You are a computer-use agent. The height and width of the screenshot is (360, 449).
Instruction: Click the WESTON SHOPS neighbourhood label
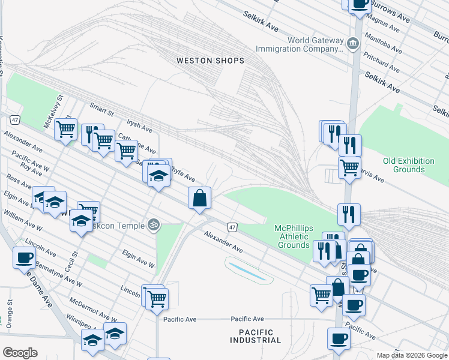(210, 61)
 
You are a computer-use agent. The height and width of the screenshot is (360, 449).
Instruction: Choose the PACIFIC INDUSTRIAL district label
(255, 336)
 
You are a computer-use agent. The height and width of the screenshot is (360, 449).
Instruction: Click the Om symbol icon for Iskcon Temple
(154, 224)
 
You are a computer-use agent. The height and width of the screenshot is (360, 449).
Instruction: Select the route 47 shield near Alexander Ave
(232, 227)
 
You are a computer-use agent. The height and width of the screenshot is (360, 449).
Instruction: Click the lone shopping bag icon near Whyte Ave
(199, 197)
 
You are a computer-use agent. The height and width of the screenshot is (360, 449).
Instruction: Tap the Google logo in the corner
(20, 352)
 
